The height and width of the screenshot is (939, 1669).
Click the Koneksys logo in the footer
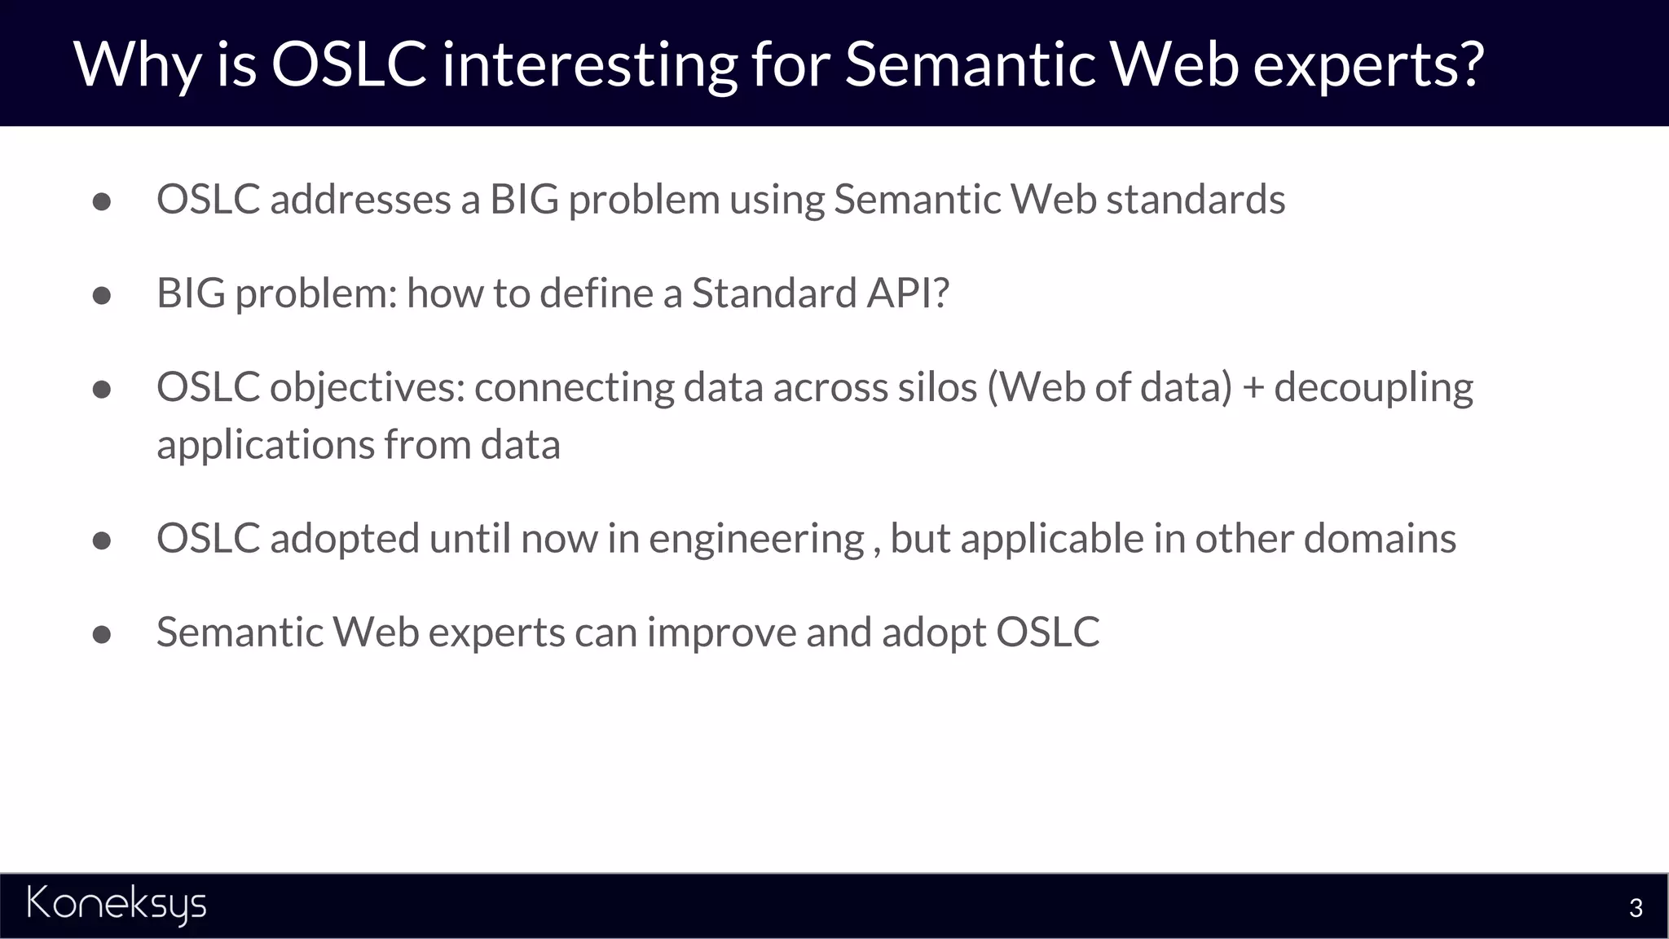coord(117,905)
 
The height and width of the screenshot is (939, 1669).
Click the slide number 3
coord(1635,908)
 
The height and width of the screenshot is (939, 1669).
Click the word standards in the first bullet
coord(1195,200)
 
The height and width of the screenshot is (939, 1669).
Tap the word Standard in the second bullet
coord(773,293)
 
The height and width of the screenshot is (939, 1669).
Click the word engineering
coord(755,540)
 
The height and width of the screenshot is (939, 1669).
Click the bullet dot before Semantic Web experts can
coord(102,635)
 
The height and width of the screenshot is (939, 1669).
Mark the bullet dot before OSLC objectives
coord(102,390)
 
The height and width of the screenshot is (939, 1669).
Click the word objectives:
coord(368,388)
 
